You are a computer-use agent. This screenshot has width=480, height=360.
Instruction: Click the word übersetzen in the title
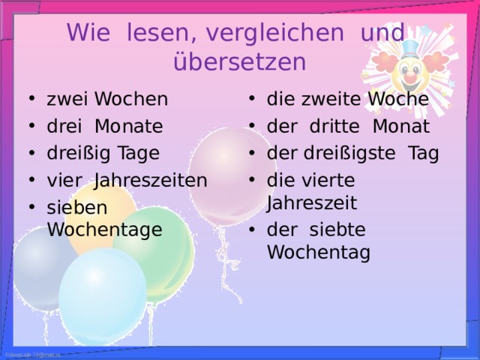tap(240, 61)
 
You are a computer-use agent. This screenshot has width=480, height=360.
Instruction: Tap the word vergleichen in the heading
tap(275, 33)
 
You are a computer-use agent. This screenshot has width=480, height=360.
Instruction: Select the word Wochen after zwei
tap(131, 99)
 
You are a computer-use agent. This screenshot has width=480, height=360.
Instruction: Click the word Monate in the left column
tap(129, 126)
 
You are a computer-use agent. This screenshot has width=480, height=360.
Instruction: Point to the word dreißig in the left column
tap(78, 153)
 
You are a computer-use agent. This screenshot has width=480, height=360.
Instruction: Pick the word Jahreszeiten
tap(151, 181)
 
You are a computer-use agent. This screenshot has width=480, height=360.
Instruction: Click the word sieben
tap(77, 208)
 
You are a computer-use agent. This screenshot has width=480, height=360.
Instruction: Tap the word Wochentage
tap(105, 230)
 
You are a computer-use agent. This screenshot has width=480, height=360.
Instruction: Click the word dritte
tap(334, 126)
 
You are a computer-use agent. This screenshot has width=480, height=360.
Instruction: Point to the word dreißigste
tap(349, 153)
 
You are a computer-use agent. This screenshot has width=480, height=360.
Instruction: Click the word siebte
tap(337, 229)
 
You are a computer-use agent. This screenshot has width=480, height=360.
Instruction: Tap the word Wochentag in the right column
tap(319, 253)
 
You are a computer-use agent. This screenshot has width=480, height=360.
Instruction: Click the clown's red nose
tap(410, 75)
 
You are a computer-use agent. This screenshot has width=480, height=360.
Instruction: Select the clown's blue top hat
tap(410, 49)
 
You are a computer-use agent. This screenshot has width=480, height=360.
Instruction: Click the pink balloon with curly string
tap(232, 176)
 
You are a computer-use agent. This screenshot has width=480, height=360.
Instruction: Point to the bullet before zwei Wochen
tap(31, 98)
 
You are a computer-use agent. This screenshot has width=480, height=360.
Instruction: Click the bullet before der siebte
tap(252, 229)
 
